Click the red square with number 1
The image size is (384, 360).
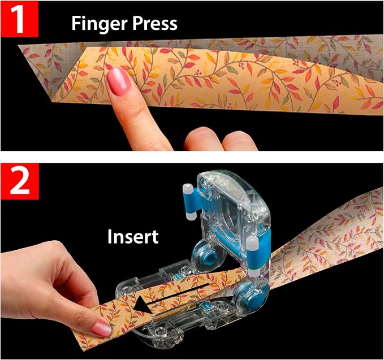pos(19,19)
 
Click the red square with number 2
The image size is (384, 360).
pos(20,181)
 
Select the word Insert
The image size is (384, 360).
pos(133,236)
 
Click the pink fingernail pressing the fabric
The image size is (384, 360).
pos(119,81)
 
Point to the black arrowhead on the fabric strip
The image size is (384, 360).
pos(143,306)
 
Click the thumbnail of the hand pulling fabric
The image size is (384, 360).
pos(102,328)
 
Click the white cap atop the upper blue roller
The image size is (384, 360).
pos(187,188)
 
